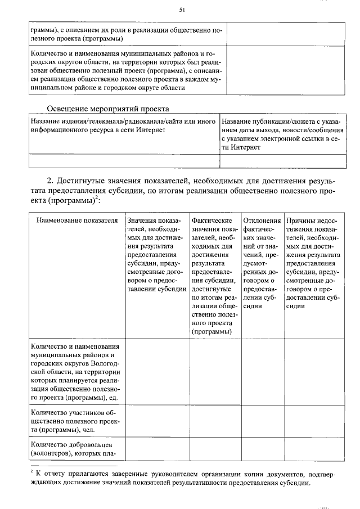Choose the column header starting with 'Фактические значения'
tap(214, 276)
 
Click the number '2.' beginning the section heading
tap(51, 181)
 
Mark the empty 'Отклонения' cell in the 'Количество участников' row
tap(262, 420)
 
